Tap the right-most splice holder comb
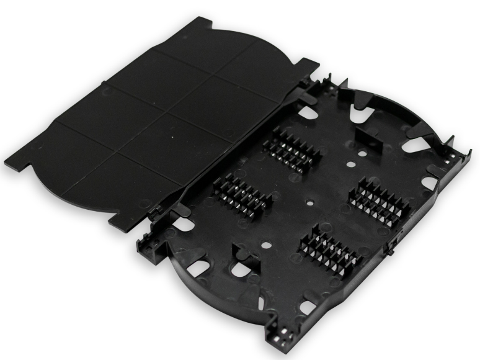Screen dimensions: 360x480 tap(379, 201)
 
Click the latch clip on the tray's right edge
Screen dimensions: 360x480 tap(391, 247)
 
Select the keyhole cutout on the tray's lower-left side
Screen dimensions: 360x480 tap(240, 269)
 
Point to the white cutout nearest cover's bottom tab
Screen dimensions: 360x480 tap(184, 224)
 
